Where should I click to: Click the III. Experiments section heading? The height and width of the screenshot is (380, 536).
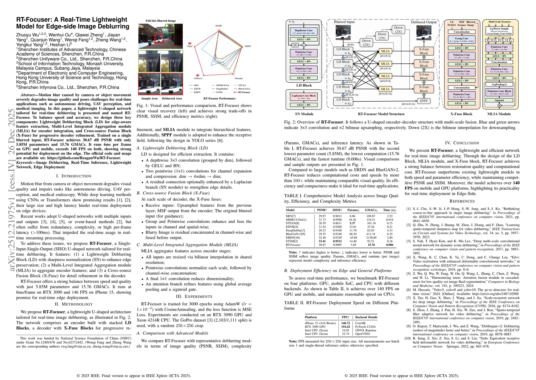pyautogui.click(x=194, y=296)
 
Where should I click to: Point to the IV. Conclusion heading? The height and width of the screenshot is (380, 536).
pyautogui.click(x=462, y=143)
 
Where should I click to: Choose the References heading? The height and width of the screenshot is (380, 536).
pyautogui.click(x=462, y=201)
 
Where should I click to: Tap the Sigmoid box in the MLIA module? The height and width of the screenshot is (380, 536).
pyautogui.click(x=499, y=100)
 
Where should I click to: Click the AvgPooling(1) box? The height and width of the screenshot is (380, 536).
pyautogui.click(x=499, y=85)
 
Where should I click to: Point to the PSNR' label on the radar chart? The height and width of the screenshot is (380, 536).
pyautogui.click(x=219, y=25)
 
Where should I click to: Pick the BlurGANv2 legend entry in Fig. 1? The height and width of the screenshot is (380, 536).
pyautogui.click(x=244, y=89)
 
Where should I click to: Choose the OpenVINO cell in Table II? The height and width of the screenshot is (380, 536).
pyautogui.click(x=362, y=334)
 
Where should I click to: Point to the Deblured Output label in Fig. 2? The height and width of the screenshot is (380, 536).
pyautogui.click(x=424, y=22)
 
